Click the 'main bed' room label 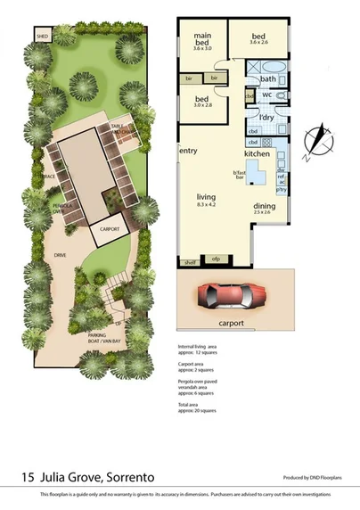pos(202,39)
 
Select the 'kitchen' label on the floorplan pos(258,153)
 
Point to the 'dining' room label pos(264,206)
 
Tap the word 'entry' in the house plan pos(189,151)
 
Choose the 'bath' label pos(268,79)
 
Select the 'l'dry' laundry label pos(266,118)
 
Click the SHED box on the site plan pos(43,37)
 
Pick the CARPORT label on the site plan pos(110,228)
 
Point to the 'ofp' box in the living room pos(215,259)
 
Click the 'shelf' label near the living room pos(190,261)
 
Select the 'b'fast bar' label pos(239,173)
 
